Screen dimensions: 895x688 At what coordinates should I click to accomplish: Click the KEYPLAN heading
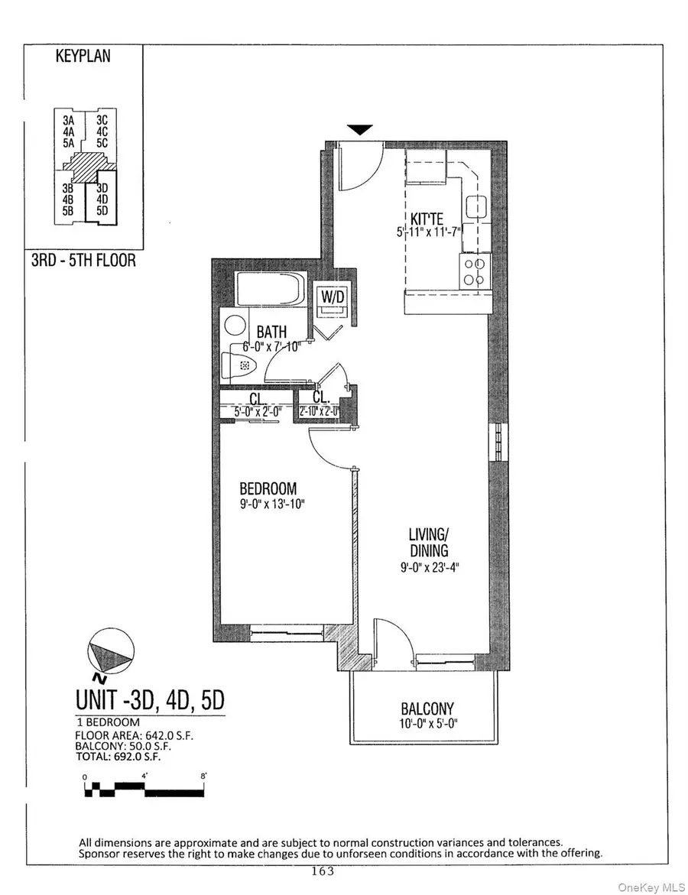click(x=83, y=57)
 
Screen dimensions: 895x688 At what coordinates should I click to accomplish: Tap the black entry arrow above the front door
click(x=361, y=130)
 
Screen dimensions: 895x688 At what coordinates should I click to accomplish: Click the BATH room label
click(x=271, y=332)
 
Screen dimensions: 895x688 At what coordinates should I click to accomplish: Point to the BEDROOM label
click(x=268, y=488)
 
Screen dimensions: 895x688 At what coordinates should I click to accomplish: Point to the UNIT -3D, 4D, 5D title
click(x=150, y=699)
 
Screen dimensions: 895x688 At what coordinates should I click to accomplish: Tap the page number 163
click(x=322, y=870)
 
